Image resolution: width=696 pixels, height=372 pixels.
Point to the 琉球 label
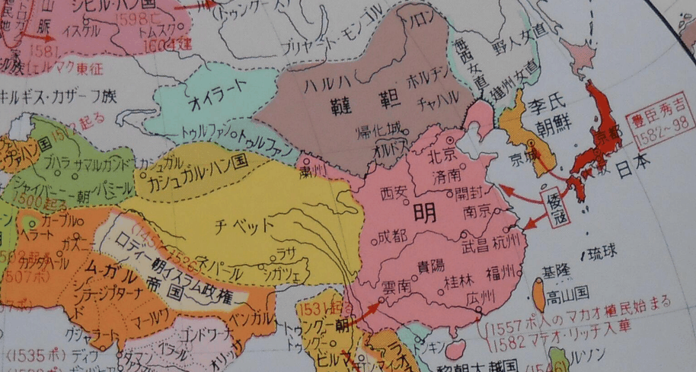[x=602, y=252]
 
